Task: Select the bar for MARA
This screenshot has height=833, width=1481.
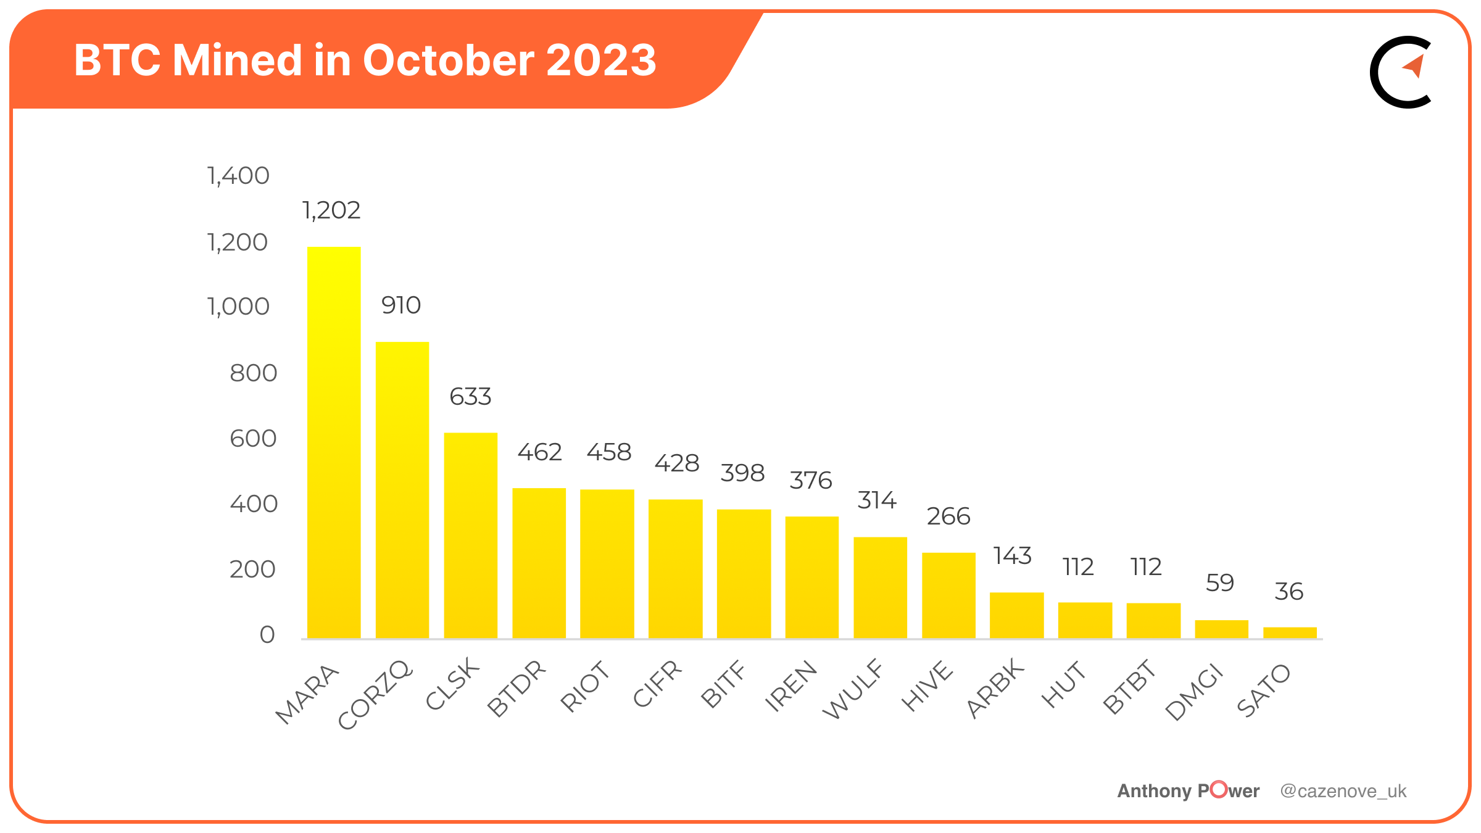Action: pyautogui.click(x=334, y=442)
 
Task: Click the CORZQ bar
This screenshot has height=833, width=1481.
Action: pyautogui.click(x=402, y=490)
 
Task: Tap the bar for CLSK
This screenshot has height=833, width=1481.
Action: pyautogui.click(x=471, y=536)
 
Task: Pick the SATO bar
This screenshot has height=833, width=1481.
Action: pyautogui.click(x=1290, y=632)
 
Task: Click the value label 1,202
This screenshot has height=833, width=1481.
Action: pyautogui.click(x=331, y=210)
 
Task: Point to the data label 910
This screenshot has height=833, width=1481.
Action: pyautogui.click(x=401, y=305)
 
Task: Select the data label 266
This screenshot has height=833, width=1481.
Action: pyautogui.click(x=948, y=516)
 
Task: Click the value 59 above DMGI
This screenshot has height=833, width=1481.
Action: pyautogui.click(x=1220, y=583)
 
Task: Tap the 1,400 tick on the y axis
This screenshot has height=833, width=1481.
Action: pyautogui.click(x=238, y=176)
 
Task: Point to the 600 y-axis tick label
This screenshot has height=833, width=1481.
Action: pyautogui.click(x=253, y=439)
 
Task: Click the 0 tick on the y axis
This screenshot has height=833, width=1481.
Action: pyautogui.click(x=267, y=635)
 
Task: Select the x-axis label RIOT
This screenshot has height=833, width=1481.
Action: pyautogui.click(x=584, y=686)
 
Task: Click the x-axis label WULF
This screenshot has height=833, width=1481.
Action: pyautogui.click(x=853, y=689)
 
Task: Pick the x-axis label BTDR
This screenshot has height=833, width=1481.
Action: pyautogui.click(x=516, y=688)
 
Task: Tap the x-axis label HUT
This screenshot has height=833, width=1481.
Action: pyautogui.click(x=1063, y=684)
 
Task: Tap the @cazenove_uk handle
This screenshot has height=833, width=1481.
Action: pyautogui.click(x=1343, y=791)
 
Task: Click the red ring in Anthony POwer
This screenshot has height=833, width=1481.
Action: pyautogui.click(x=1219, y=789)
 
